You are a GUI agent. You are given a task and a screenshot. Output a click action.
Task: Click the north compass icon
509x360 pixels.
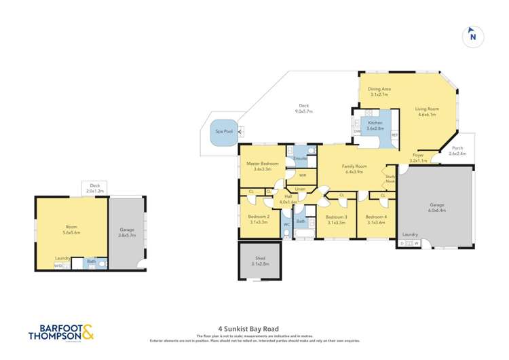pyautogui.click(x=472, y=37)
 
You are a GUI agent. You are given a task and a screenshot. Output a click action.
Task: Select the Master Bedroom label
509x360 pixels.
pyautogui.click(x=262, y=164)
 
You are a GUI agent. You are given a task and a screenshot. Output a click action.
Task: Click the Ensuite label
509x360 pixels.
pyautogui.click(x=300, y=159)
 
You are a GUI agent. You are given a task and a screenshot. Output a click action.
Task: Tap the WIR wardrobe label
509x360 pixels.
pyautogui.click(x=302, y=175)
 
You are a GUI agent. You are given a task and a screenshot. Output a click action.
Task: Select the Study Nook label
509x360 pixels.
pyautogui.click(x=390, y=179)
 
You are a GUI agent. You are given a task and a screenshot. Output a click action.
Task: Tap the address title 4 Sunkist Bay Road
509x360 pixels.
pyautogui.click(x=254, y=329)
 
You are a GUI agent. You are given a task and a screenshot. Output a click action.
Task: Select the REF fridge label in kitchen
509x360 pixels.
pyautogui.click(x=394, y=135)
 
